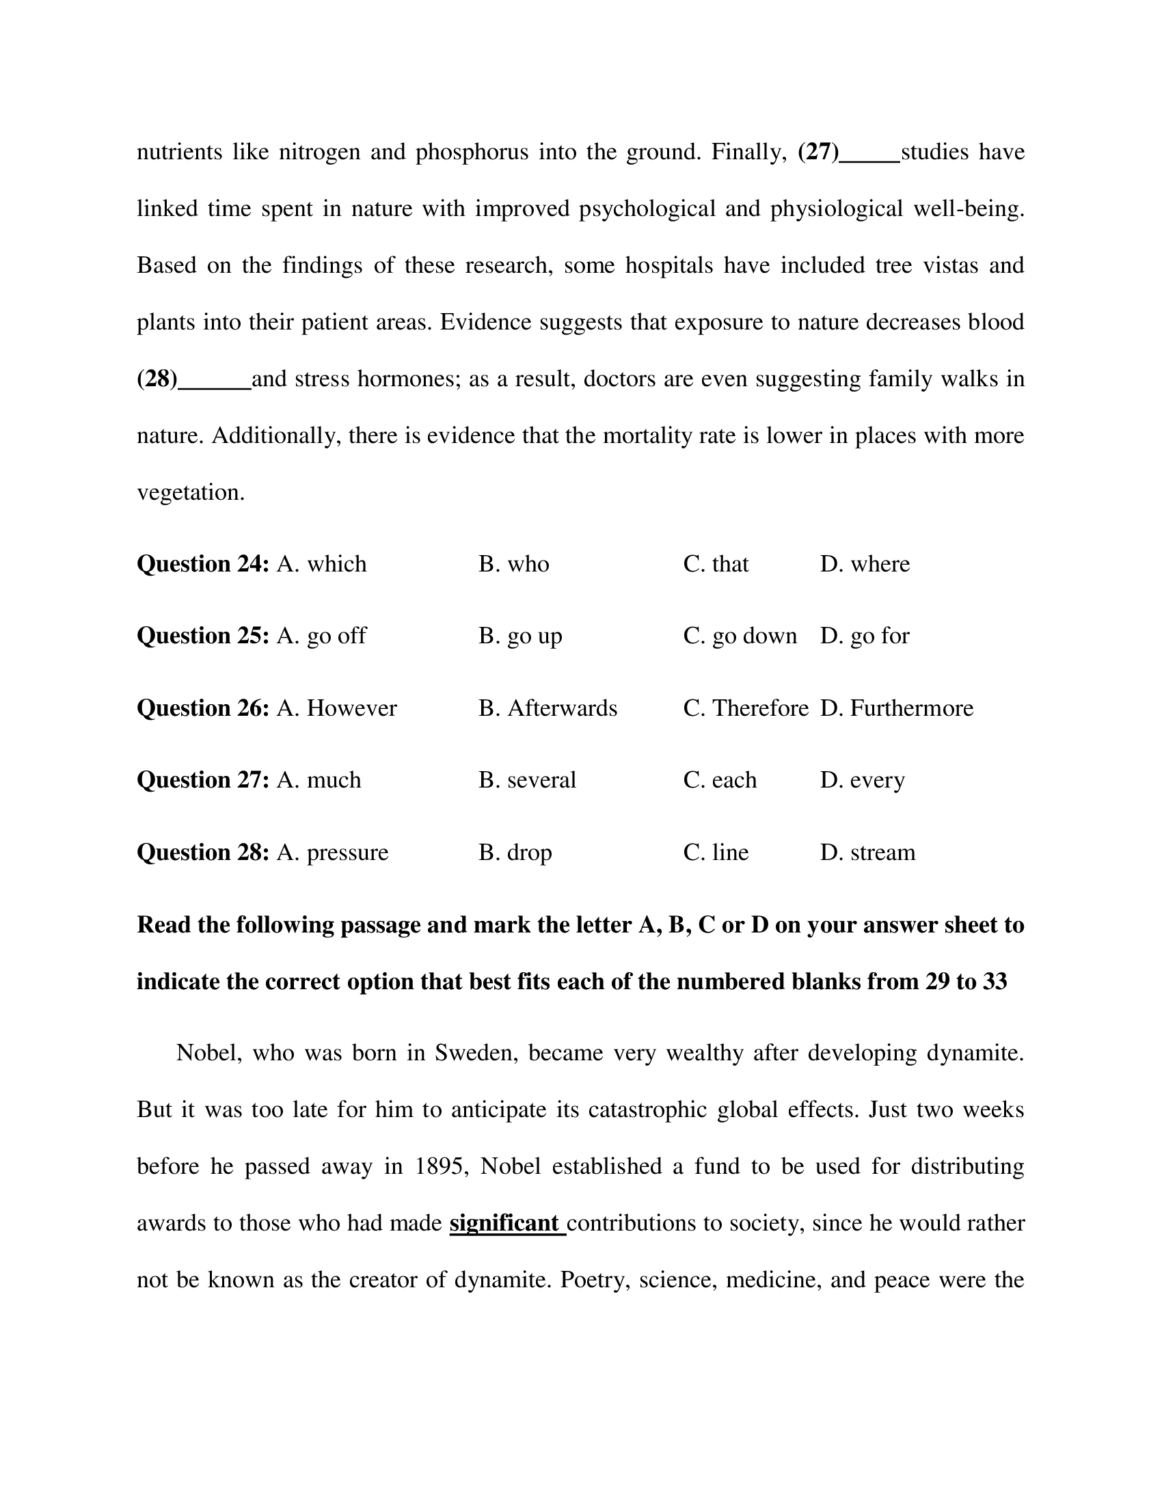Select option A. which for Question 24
click(x=321, y=564)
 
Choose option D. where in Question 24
click(x=865, y=564)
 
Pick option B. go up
click(x=519, y=636)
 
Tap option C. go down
click(x=740, y=636)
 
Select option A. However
click(x=336, y=708)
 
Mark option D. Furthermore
click(x=896, y=708)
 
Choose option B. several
click(x=527, y=780)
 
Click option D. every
click(x=862, y=780)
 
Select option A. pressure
click(x=332, y=852)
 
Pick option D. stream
click(x=867, y=852)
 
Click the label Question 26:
click(x=203, y=708)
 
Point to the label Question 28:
click(x=203, y=852)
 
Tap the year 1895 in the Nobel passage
click(x=438, y=1166)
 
